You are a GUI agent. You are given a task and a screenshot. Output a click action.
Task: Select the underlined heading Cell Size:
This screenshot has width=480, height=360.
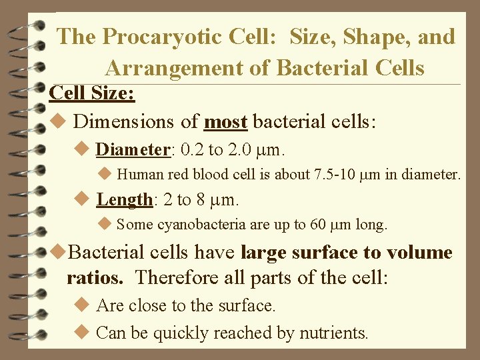[x=93, y=93]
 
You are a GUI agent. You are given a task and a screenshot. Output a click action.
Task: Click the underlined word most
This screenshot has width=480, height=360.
[x=226, y=122]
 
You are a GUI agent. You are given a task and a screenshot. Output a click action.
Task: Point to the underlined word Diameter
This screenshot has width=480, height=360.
[x=133, y=149]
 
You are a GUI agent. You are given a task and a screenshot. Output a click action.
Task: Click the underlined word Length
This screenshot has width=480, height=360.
[x=125, y=199]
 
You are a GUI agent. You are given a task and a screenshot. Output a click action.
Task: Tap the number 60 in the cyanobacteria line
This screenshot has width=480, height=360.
[x=318, y=225]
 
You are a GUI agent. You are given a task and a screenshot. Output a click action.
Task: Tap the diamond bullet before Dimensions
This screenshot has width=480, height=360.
[x=58, y=122]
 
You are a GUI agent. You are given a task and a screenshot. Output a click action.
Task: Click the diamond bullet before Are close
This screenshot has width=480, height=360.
[x=83, y=305]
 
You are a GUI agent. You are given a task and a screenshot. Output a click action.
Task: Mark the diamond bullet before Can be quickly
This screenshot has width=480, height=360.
[x=83, y=331]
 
